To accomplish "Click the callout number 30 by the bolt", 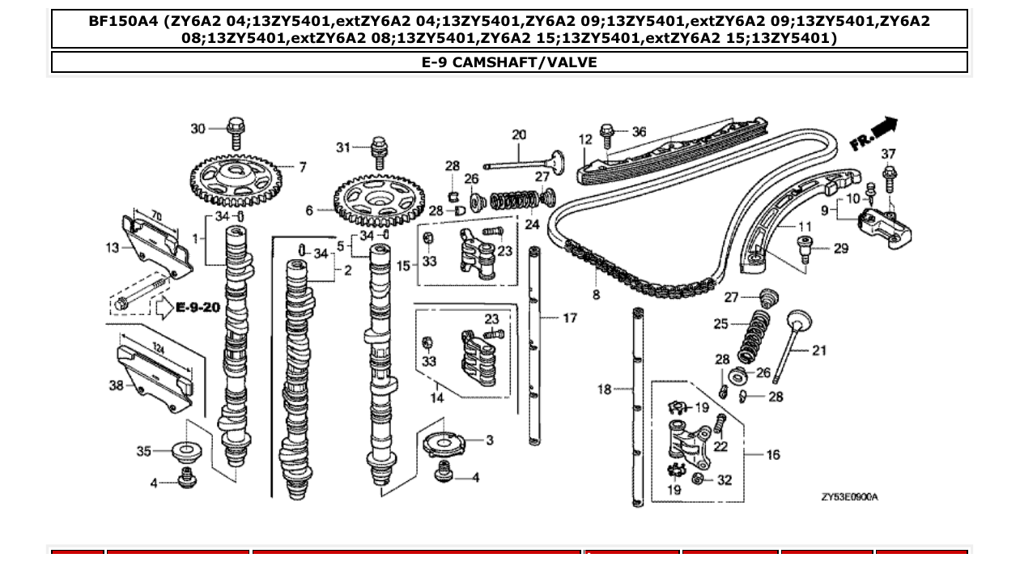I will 198,129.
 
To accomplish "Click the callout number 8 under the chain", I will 596,295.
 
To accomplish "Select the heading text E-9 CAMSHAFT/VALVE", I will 509,62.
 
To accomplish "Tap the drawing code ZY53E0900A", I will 849,496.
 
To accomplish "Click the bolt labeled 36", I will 608,133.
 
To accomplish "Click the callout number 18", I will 604,390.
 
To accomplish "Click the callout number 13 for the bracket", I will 113,247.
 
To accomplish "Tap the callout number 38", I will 117,385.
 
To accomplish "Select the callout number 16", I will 772,454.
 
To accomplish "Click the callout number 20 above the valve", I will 519,135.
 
